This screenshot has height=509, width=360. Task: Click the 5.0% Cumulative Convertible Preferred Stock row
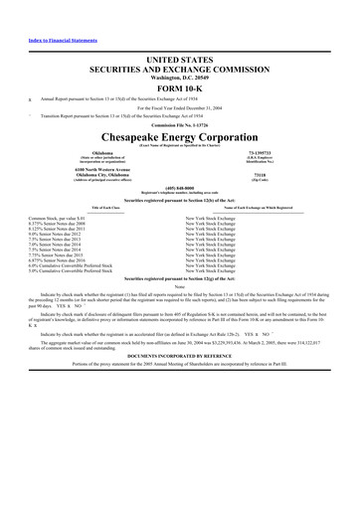coord(78,275)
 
